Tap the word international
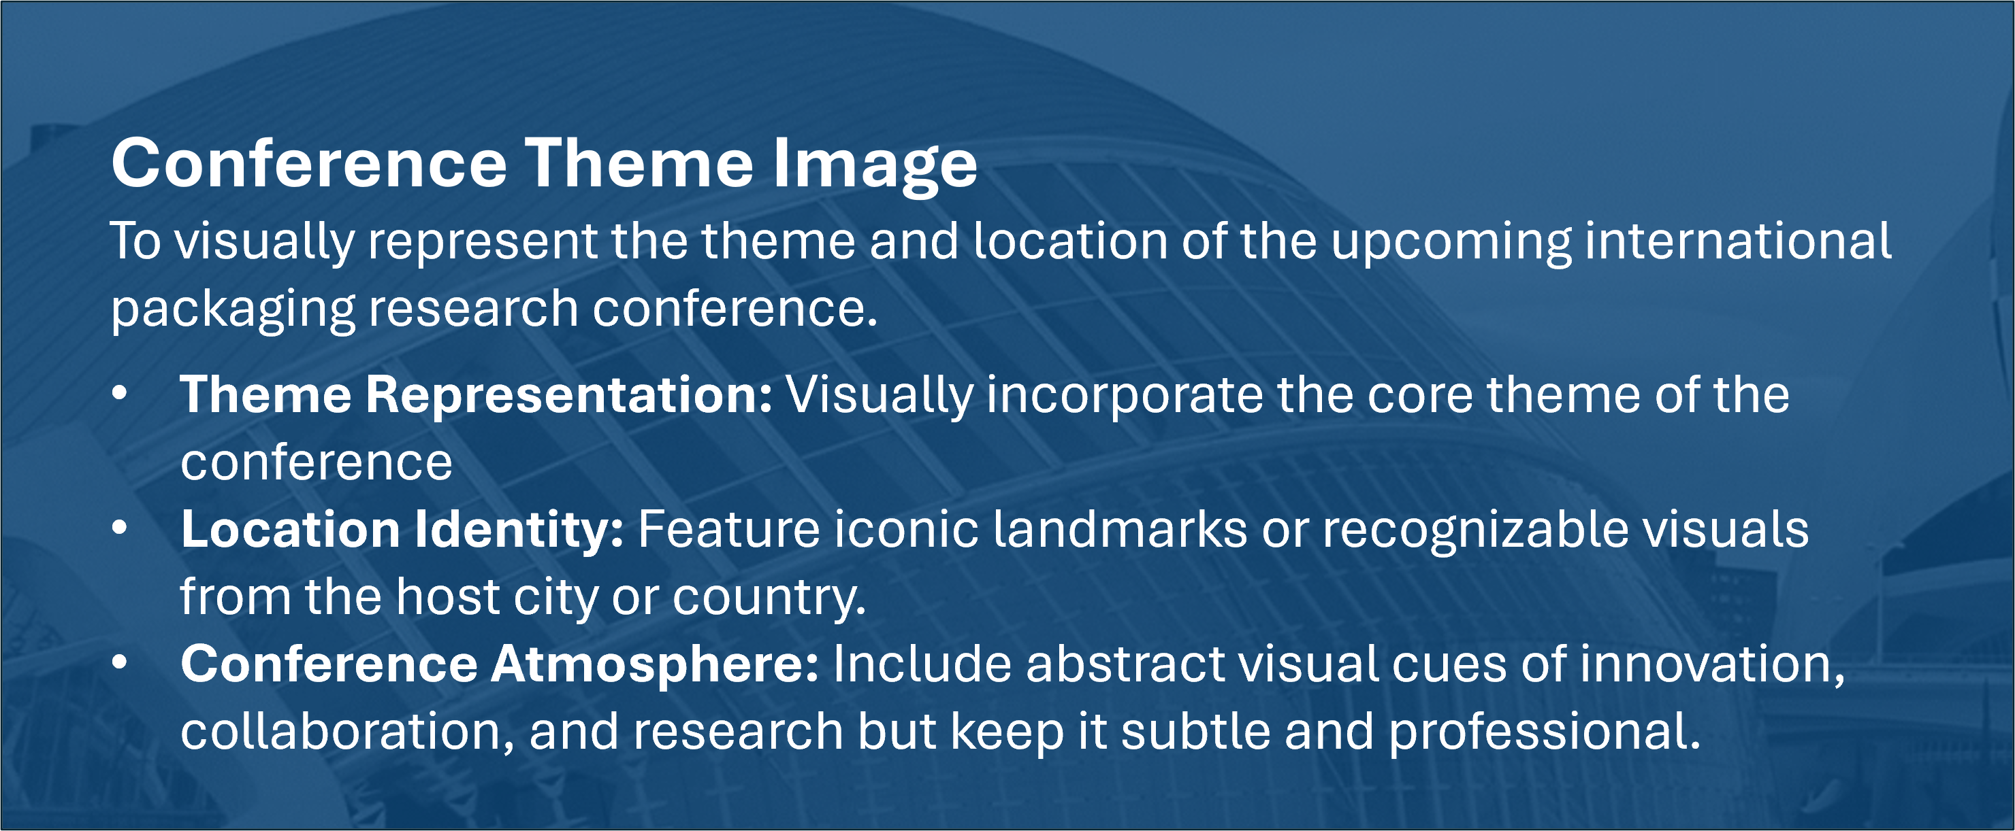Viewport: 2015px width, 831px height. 1737,240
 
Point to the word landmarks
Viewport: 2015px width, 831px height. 1120,529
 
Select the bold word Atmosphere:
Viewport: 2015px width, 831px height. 655,665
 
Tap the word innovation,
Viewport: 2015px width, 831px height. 1711,665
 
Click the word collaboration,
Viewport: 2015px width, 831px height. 346,732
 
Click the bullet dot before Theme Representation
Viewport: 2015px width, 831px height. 119,395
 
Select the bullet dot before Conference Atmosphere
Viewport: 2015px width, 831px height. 119,664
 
